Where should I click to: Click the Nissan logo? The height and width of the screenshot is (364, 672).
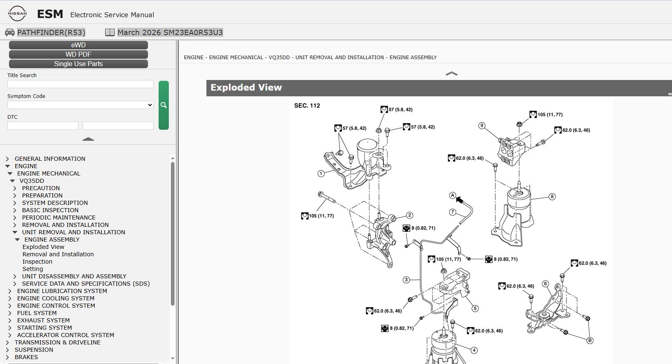[x=17, y=13]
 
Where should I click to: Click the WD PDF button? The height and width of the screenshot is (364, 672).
[x=78, y=54]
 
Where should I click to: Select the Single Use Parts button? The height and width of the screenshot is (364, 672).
[x=78, y=64]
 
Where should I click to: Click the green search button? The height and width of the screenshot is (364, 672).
[x=164, y=105]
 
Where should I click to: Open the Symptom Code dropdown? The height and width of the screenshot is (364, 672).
[x=81, y=105]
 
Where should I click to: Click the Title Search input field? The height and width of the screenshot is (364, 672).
[x=81, y=84]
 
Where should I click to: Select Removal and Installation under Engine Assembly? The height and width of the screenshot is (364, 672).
[x=58, y=254]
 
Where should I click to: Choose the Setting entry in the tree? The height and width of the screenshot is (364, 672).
[x=33, y=269]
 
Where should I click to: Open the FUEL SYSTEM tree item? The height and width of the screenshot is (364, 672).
[x=37, y=313]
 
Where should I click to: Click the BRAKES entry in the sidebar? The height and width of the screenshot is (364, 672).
[x=26, y=357]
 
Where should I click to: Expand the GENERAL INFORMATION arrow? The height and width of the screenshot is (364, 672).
[x=7, y=159]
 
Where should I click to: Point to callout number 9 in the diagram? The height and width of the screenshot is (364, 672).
[x=482, y=126]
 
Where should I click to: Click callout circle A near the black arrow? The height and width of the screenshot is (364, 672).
[x=452, y=195]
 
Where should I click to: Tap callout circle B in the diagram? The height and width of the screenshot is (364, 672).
[x=590, y=340]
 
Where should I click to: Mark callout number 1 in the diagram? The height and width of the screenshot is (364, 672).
[x=321, y=173]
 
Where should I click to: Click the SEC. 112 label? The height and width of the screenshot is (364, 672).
[x=307, y=105]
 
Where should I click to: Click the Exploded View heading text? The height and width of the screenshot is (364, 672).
[x=246, y=87]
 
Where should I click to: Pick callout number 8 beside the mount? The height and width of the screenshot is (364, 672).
[x=552, y=197]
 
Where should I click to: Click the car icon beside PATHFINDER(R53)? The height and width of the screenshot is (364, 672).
[x=9, y=32]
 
